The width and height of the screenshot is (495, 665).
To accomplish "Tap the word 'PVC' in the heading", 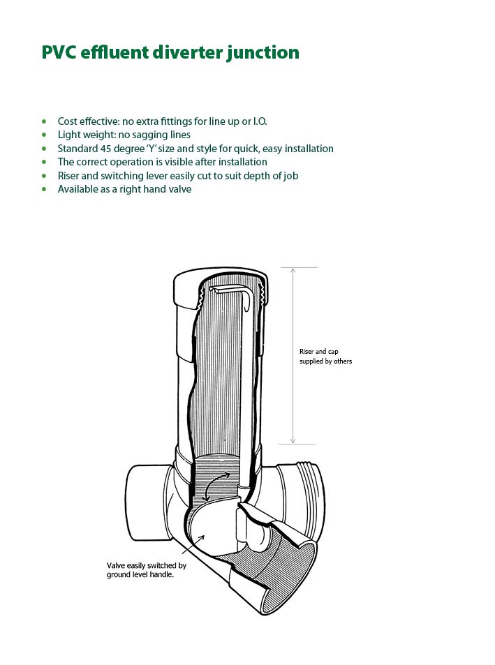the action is [59, 52].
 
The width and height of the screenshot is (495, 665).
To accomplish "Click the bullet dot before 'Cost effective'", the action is [44, 121].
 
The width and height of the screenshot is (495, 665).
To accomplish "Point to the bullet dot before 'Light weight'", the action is [44, 135].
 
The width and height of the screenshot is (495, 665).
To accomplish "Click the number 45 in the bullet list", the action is [105, 149].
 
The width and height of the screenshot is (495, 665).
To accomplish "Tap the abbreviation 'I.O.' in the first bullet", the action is [260, 121].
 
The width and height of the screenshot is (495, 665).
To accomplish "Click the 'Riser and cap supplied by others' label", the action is [325, 357].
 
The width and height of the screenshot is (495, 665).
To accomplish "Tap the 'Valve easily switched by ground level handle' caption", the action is [147, 570].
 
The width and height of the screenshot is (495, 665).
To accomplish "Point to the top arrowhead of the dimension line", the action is [293, 271].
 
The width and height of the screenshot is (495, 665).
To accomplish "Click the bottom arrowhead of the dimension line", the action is [293, 440].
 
